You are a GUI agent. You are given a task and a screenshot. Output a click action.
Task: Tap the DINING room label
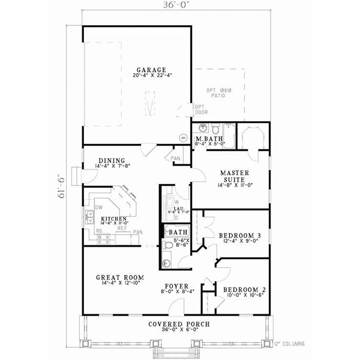(112, 161)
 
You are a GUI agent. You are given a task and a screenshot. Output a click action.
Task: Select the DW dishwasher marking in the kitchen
(97, 207)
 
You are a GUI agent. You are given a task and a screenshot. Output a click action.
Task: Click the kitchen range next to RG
(103, 238)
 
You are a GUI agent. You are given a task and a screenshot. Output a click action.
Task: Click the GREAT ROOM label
(119, 277)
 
